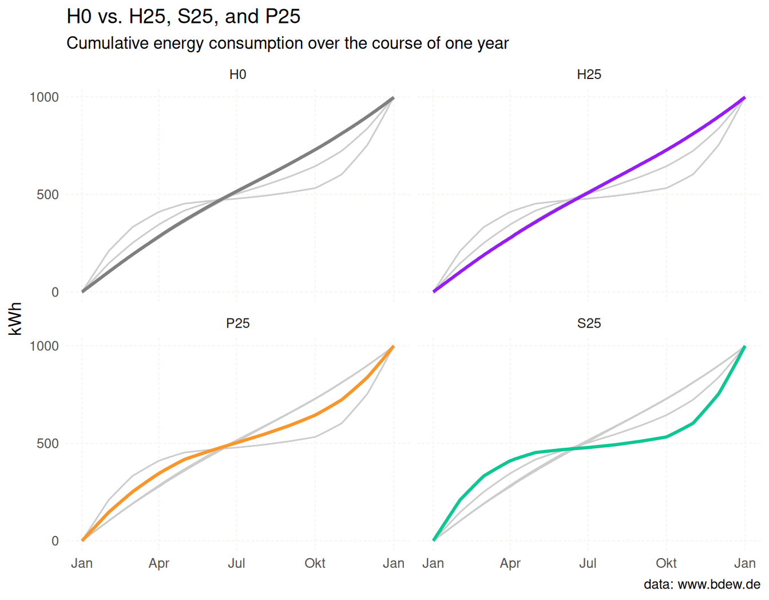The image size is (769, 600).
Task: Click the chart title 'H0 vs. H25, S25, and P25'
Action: [183, 17]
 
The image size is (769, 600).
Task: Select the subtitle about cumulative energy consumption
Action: [287, 44]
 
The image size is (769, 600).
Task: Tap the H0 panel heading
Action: [237, 75]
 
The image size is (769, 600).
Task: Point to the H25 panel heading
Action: [589, 75]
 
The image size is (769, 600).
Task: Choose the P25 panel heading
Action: [237, 323]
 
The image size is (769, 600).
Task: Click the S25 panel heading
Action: [589, 323]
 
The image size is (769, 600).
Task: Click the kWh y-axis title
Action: [15, 318]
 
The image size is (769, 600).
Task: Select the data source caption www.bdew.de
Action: [701, 585]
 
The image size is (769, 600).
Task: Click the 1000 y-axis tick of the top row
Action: [44, 97]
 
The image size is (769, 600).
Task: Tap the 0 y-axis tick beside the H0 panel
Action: [55, 293]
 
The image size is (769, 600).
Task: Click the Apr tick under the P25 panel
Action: [158, 563]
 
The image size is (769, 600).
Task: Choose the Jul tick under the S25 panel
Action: [588, 563]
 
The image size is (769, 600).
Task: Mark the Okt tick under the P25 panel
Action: [315, 563]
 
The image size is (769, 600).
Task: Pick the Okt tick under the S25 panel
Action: [666, 563]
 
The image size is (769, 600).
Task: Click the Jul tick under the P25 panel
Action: [236, 563]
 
